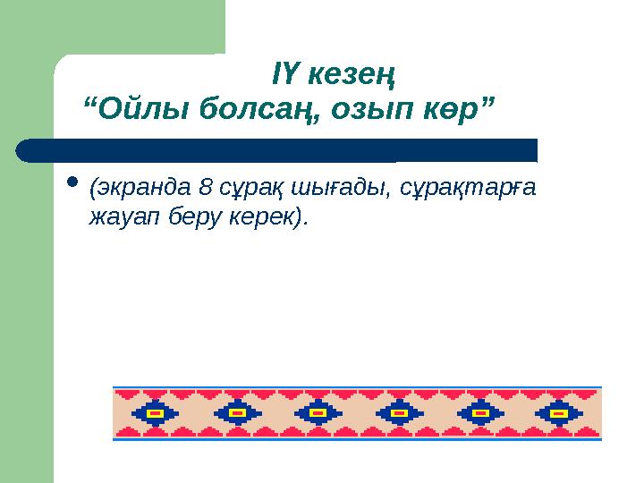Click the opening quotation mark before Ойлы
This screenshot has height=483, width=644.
(x=89, y=101)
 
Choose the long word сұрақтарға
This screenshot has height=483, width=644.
(x=466, y=189)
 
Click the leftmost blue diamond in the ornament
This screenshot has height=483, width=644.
(x=156, y=413)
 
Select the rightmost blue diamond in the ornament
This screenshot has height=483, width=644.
(x=558, y=413)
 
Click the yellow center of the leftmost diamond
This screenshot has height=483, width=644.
(x=156, y=414)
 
